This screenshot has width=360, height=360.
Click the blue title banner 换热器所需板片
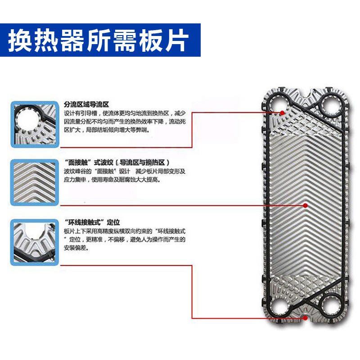[x=100, y=40]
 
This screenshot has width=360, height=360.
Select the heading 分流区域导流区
[x=86, y=105]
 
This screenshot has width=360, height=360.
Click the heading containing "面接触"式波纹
[x=117, y=162]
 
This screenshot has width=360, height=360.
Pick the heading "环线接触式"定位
[x=92, y=222]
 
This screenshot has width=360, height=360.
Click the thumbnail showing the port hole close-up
[x=35, y=124]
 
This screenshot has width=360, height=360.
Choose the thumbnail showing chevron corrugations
[x=35, y=183]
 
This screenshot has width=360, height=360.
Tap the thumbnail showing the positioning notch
[x=35, y=243]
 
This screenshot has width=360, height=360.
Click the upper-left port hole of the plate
[x=279, y=105]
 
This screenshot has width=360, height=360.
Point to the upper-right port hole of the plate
[x=331, y=106]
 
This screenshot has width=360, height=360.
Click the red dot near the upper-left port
[x=282, y=112]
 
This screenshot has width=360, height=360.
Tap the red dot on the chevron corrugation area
[x=305, y=206]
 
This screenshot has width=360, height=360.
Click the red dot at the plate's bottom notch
[x=305, y=318]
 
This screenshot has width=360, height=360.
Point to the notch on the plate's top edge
[x=305, y=92]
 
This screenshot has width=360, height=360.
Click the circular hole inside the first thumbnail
[x=27, y=121]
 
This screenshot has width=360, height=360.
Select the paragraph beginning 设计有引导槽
[x=125, y=121]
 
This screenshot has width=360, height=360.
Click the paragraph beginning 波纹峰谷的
[x=125, y=175]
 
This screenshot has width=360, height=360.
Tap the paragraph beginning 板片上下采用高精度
[x=125, y=239]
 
